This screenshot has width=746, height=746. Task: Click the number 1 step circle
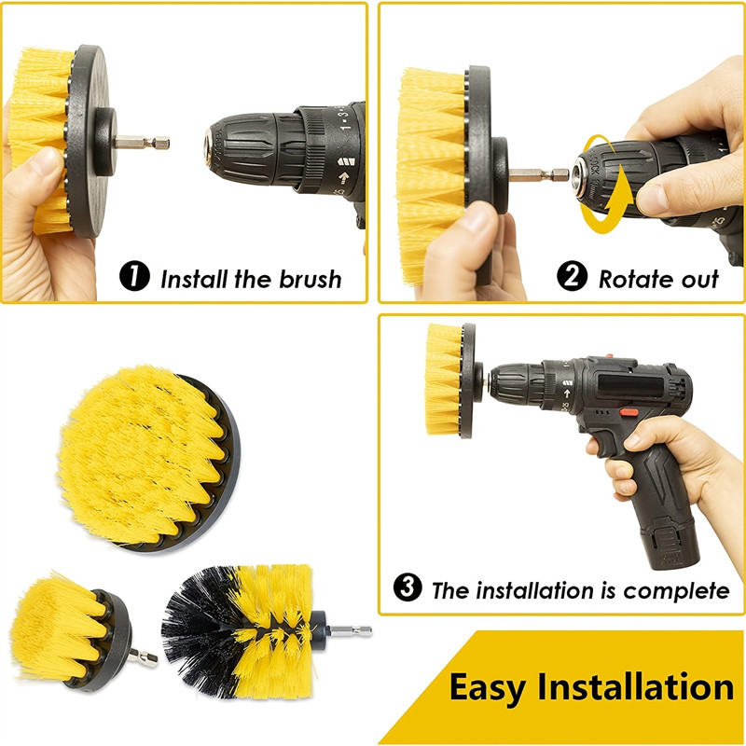(136, 277)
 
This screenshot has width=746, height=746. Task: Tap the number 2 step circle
(572, 278)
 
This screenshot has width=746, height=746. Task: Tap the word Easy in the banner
(492, 688)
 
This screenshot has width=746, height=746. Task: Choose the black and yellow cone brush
(240, 632)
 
